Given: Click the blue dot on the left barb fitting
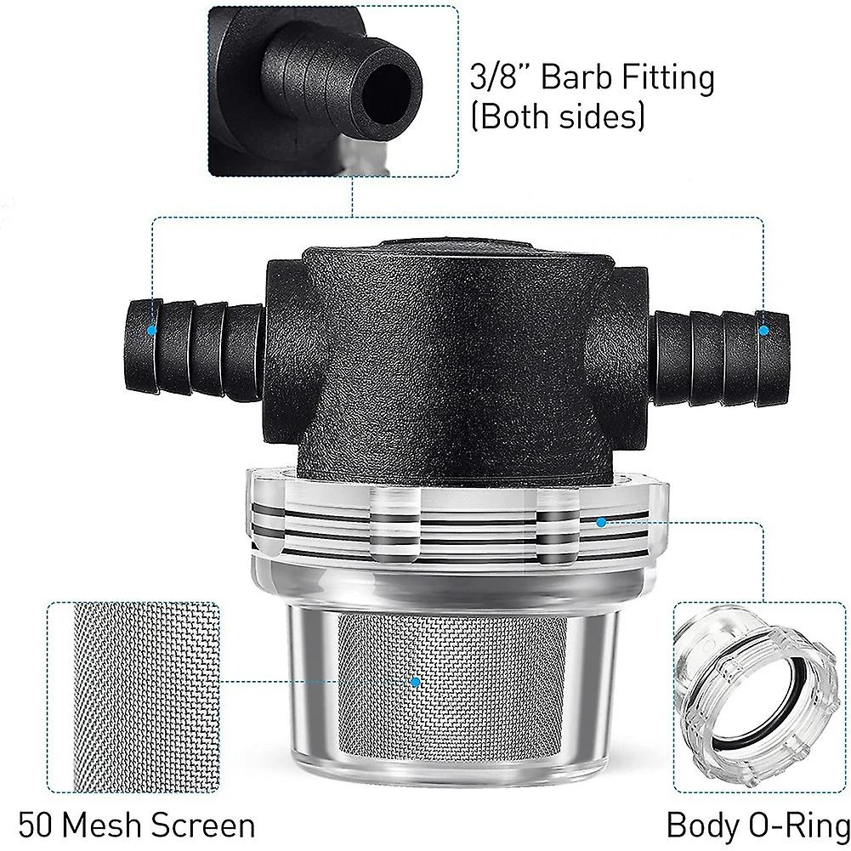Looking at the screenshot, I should tap(152, 329).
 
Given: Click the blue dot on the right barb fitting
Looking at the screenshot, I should tap(763, 329).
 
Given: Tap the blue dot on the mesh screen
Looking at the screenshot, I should tap(415, 682).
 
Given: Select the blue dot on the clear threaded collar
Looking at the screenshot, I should tap(601, 521).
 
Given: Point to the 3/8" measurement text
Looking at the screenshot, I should tap(500, 79).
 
